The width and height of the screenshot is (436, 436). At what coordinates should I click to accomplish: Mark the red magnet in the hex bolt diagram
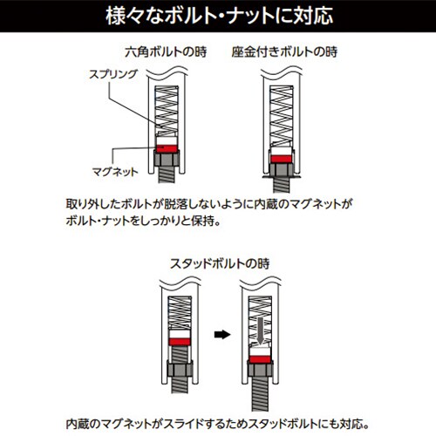(x=167, y=149)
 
